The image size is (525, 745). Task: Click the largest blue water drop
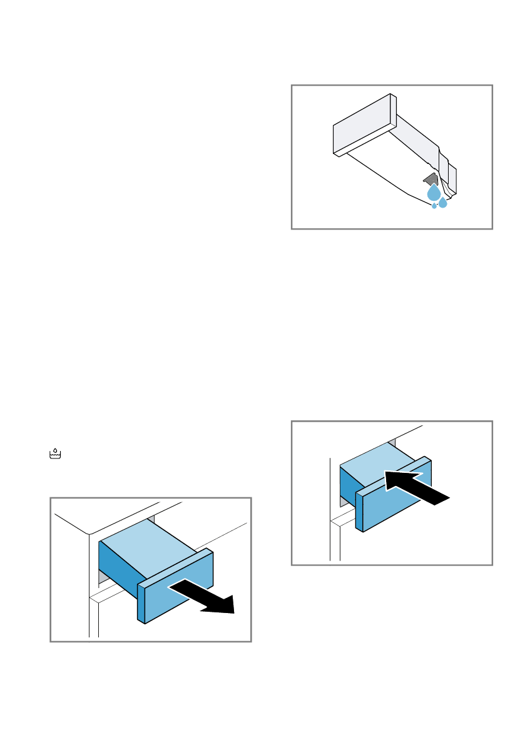coord(434,193)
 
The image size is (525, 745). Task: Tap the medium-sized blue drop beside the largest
coord(443,202)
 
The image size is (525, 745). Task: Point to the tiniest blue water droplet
coord(434,206)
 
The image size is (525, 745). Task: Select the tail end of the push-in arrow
coord(441,498)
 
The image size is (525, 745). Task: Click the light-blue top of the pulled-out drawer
coord(150,541)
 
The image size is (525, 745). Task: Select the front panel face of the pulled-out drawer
coord(172,594)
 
